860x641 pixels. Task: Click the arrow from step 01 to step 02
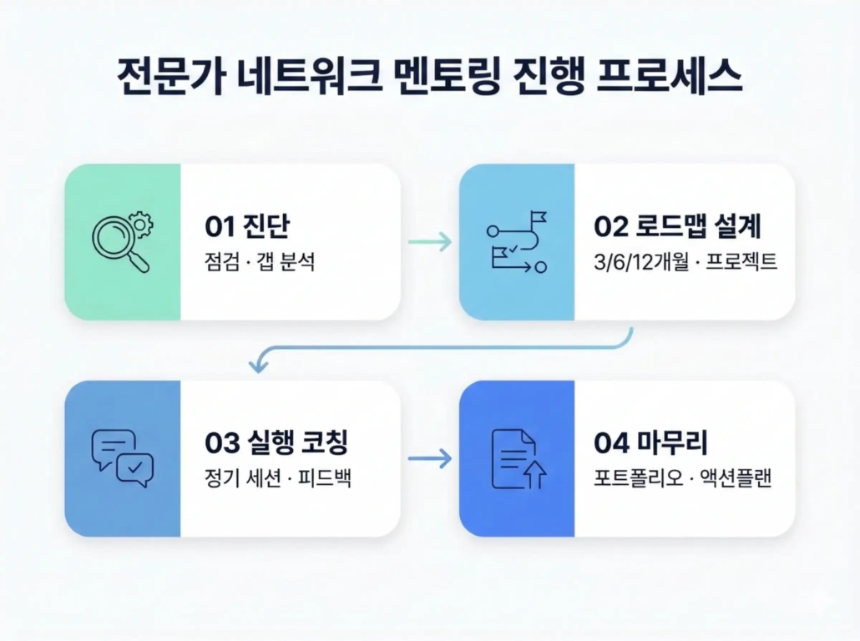click(429, 242)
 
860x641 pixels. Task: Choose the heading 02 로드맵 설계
click(677, 226)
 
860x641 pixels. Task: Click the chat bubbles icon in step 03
click(122, 458)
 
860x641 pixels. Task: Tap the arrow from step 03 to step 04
click(429, 458)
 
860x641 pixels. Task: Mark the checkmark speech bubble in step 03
click(135, 469)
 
